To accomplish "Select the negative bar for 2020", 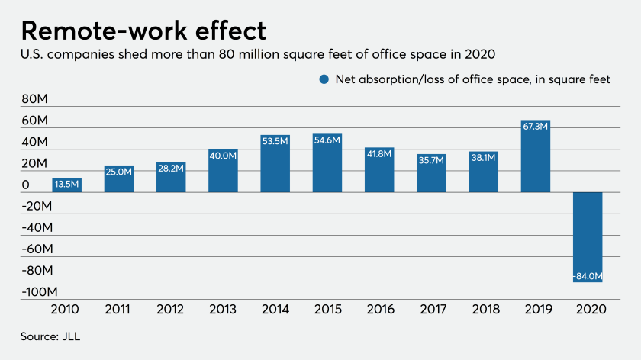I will click(588, 236).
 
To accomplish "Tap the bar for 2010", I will click(66, 185).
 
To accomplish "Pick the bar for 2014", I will click(275, 163).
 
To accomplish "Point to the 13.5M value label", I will click(66, 184).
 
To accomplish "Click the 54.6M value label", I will click(327, 140).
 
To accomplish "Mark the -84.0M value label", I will click(587, 276).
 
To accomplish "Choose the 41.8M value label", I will click(378, 153).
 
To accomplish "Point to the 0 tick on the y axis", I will click(26, 185).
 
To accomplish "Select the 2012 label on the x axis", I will click(171, 311).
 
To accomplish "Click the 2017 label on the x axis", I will click(431, 311).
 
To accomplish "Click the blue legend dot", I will click(324, 79).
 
